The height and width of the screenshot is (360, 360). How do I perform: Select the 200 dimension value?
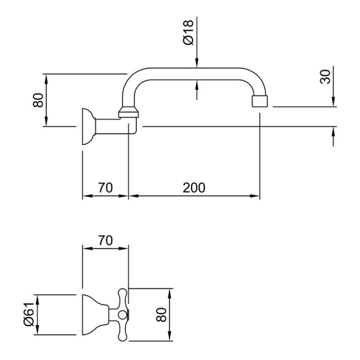pyautogui.click(x=194, y=187)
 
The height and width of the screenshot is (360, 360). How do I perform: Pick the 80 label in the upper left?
pyautogui.click(x=38, y=100)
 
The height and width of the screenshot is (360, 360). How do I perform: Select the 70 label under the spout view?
pyautogui.click(x=105, y=187)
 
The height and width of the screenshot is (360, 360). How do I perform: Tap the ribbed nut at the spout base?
pyautogui.click(x=129, y=112)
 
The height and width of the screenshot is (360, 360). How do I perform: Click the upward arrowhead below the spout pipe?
pyautogui.click(x=197, y=84)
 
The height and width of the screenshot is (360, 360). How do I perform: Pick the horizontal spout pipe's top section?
pyautogui.click(x=197, y=72)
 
